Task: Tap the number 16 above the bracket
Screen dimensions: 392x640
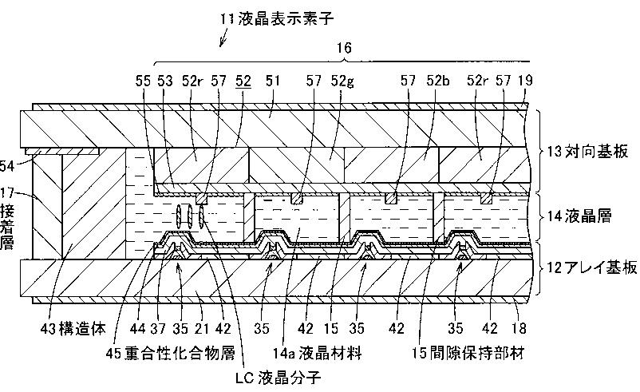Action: [344, 49]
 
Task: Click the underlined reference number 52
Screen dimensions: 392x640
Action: [243, 80]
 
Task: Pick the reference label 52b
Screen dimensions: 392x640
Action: [438, 80]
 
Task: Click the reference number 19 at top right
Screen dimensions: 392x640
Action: [523, 80]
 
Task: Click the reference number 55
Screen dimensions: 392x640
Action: [145, 80]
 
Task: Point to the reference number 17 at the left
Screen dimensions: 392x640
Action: [8, 192]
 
